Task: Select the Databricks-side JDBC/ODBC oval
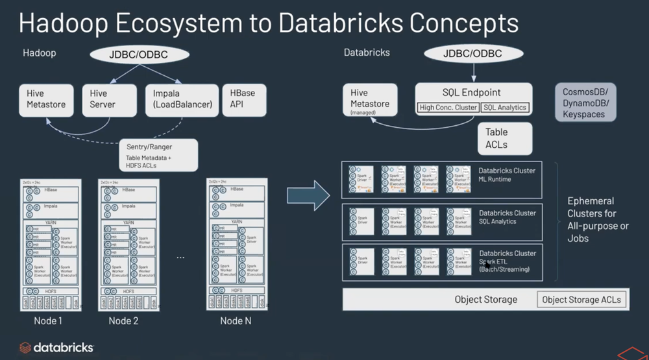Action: [472, 54]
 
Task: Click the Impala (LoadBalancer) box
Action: [178, 99]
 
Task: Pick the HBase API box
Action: [241, 99]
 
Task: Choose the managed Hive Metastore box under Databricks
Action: [371, 102]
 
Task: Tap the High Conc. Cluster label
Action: [447, 108]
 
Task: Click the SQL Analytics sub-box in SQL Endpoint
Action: [505, 108]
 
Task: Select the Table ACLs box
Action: [505, 138]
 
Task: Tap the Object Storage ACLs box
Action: [582, 299]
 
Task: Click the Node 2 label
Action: [124, 320]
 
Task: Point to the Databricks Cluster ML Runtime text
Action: [507, 175]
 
